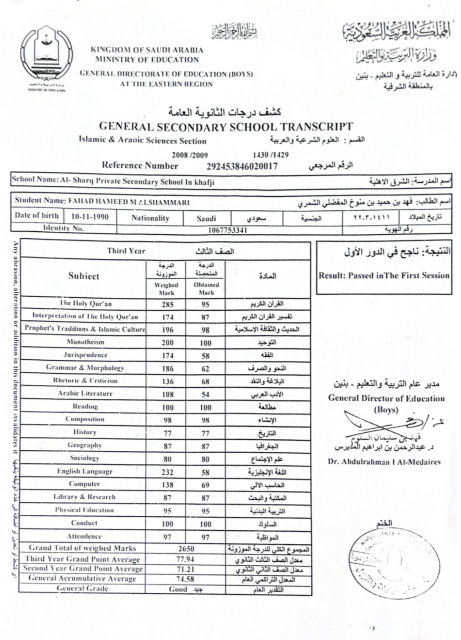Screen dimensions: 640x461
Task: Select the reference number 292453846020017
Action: (x=242, y=167)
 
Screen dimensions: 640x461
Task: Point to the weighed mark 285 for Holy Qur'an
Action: (x=167, y=305)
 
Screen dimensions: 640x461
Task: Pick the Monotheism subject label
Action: (x=85, y=342)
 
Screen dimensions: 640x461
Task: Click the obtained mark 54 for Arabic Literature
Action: (x=205, y=395)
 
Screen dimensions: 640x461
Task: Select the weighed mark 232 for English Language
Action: (x=167, y=472)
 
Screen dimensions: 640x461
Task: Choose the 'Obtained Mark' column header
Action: (x=206, y=288)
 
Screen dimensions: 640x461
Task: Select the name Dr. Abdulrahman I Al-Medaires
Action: (x=384, y=462)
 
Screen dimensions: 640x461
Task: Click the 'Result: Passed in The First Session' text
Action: (x=384, y=276)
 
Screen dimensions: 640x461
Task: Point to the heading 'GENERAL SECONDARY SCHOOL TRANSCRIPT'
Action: (x=226, y=127)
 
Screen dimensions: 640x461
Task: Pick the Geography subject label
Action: (x=84, y=445)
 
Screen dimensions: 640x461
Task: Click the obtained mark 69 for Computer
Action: (x=205, y=485)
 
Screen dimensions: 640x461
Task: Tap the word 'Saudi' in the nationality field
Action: (x=206, y=218)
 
